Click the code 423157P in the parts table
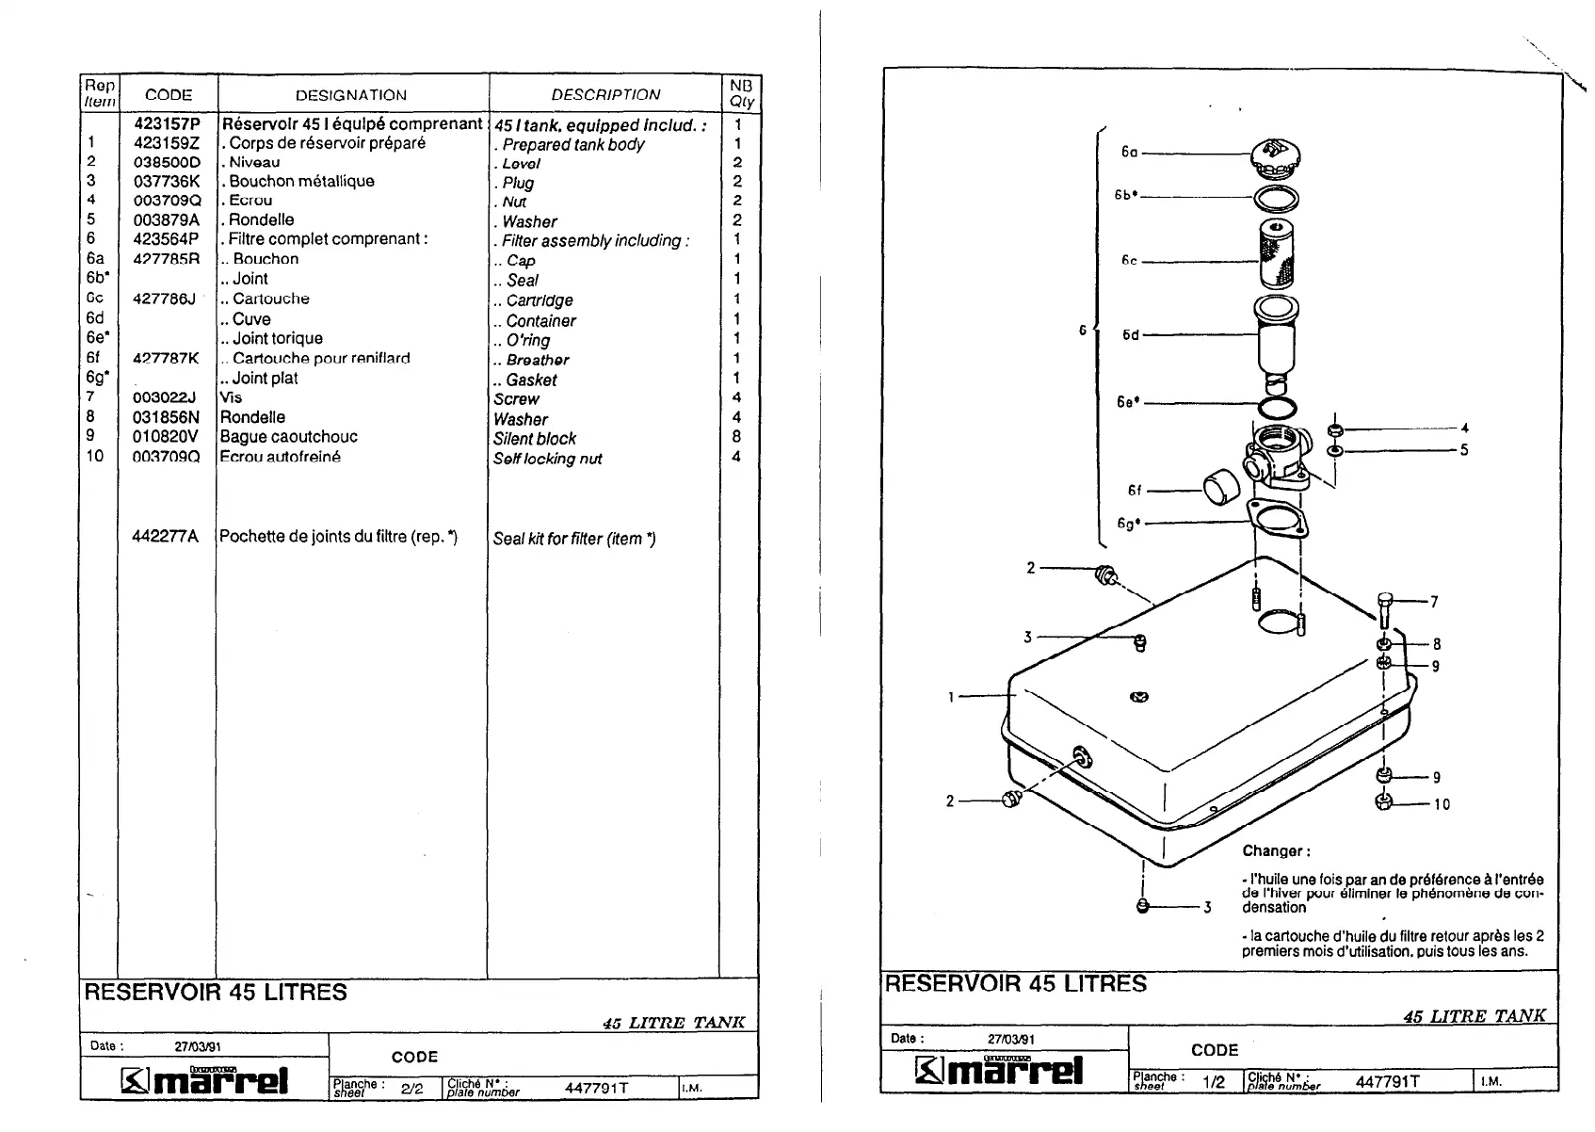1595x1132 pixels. click(x=167, y=123)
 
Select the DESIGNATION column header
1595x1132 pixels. click(x=350, y=95)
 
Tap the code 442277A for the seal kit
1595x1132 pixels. click(x=165, y=537)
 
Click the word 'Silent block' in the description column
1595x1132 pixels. click(x=534, y=439)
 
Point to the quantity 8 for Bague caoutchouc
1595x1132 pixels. click(x=736, y=437)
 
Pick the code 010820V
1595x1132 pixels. click(x=166, y=437)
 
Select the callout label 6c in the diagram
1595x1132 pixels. click(x=1129, y=261)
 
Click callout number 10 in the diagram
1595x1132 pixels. click(x=1442, y=804)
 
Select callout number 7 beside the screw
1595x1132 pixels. click(x=1434, y=602)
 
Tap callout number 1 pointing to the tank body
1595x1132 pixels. click(x=951, y=697)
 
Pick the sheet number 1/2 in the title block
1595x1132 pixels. click(x=1214, y=1083)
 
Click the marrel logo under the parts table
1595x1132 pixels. click(x=205, y=1080)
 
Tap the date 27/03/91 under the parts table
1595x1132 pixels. click(x=198, y=1046)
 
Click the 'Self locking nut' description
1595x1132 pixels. click(x=547, y=460)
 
